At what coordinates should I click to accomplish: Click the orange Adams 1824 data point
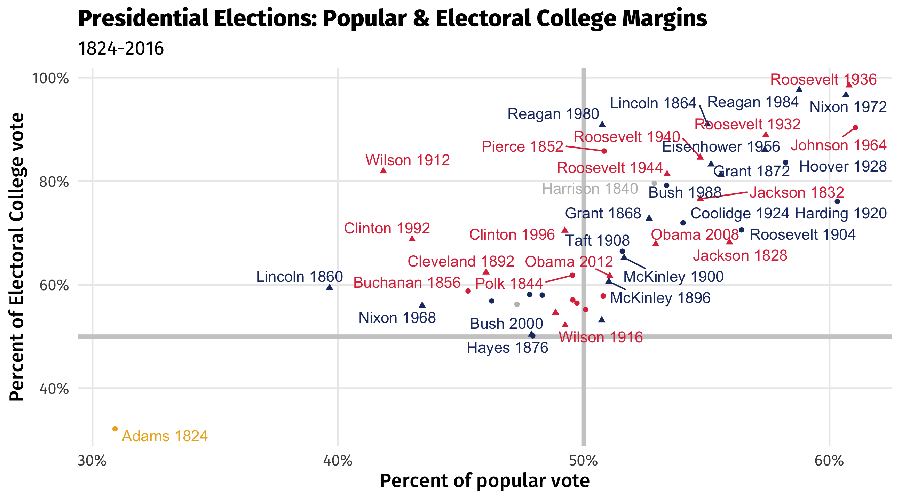[x=115, y=429]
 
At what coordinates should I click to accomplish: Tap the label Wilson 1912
[x=408, y=160]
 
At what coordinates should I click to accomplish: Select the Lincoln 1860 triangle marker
[x=330, y=287]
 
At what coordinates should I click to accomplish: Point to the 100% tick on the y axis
[x=50, y=78]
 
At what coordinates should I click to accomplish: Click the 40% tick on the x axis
[x=338, y=461]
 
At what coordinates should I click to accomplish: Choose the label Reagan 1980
[x=553, y=114]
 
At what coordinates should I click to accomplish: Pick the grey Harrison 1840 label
[x=590, y=189]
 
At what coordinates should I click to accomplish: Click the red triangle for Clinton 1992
[x=412, y=239]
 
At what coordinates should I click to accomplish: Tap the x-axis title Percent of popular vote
[x=485, y=480]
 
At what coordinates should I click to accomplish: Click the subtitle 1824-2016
[x=121, y=48]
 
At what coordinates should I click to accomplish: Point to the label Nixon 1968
[x=397, y=318]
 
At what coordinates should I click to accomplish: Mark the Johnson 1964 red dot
[x=855, y=128]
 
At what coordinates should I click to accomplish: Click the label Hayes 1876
[x=507, y=348]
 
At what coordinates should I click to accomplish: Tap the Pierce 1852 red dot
[x=604, y=151]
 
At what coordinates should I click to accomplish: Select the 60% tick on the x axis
[x=829, y=461]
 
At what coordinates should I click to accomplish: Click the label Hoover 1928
[x=843, y=167]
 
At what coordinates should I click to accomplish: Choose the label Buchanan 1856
[x=407, y=283]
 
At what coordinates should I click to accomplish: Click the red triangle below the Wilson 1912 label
[x=383, y=170]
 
